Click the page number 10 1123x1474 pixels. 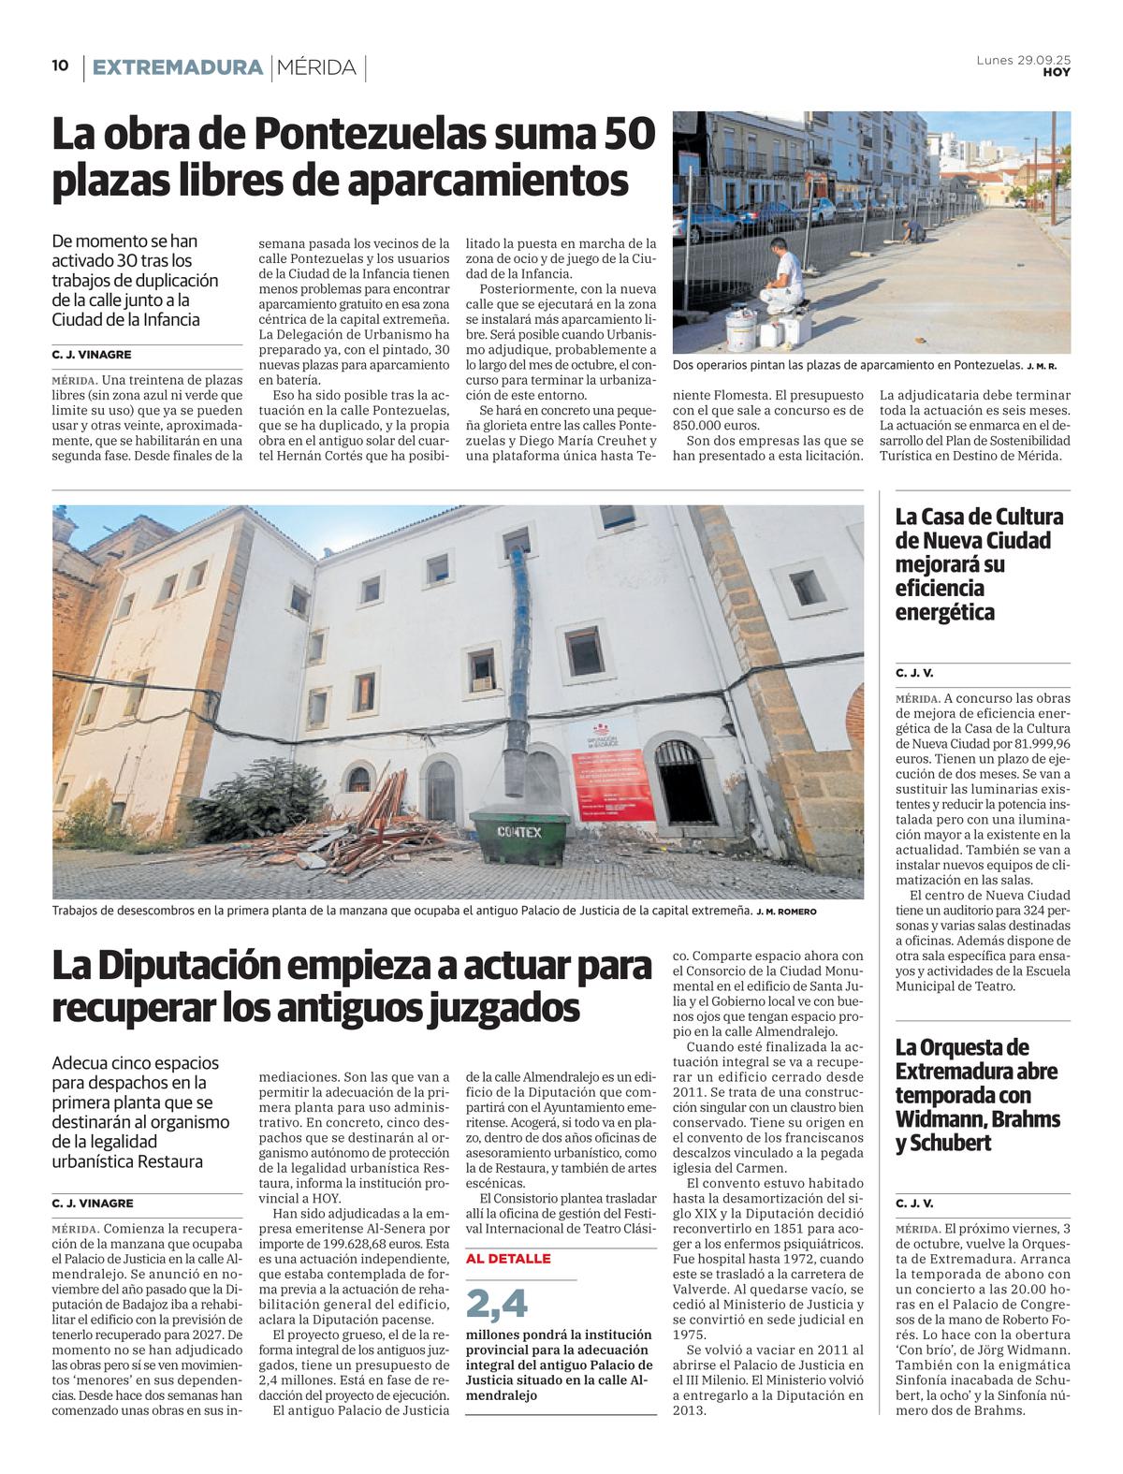click(x=60, y=66)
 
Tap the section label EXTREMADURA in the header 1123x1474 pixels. click(x=178, y=67)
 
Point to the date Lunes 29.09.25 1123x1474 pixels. click(x=1023, y=60)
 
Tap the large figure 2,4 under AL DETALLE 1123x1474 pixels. click(x=497, y=1303)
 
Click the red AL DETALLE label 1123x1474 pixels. click(x=508, y=1259)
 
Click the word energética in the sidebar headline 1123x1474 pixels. click(x=944, y=613)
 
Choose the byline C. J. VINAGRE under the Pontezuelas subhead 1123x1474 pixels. click(x=92, y=355)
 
